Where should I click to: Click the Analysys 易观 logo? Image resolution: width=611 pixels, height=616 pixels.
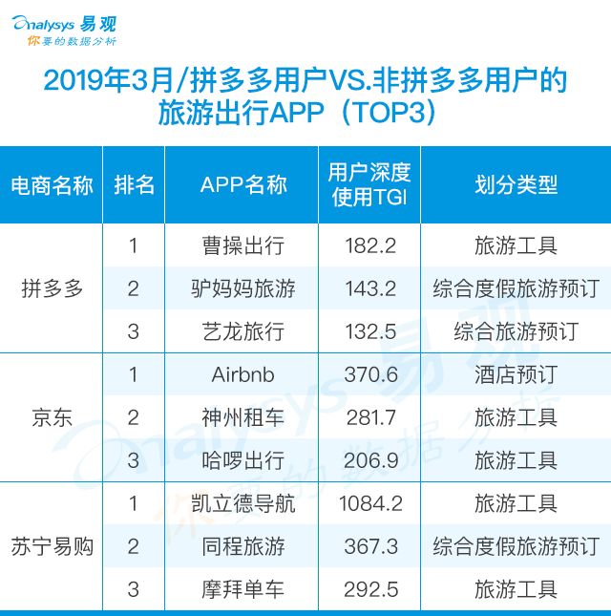pyautogui.click(x=64, y=31)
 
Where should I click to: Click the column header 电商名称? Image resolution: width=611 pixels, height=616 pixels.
pyautogui.click(x=52, y=185)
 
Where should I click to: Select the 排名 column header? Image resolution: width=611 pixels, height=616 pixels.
pyautogui.click(x=134, y=184)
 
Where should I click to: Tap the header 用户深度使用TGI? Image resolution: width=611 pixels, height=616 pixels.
pyautogui.click(x=369, y=184)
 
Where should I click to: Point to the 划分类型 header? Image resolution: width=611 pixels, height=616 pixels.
pyautogui.click(x=516, y=184)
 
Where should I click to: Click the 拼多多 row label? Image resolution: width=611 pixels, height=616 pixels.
pyautogui.click(x=52, y=288)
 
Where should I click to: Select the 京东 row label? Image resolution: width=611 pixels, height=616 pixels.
pyautogui.click(x=52, y=417)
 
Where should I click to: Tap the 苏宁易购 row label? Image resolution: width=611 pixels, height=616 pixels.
pyautogui.click(x=52, y=546)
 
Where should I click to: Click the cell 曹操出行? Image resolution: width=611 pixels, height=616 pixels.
pyautogui.click(x=243, y=246)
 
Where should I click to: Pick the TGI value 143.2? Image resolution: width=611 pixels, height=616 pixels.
pyautogui.click(x=370, y=288)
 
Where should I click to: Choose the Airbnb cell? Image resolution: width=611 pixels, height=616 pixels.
pyautogui.click(x=242, y=374)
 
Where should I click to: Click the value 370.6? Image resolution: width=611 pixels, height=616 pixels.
pyautogui.click(x=370, y=374)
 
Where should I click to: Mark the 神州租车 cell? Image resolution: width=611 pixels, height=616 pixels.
pyautogui.click(x=243, y=417)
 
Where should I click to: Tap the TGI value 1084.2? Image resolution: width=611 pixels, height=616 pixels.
pyautogui.click(x=370, y=503)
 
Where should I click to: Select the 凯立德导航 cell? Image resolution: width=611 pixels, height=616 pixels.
pyautogui.click(x=243, y=503)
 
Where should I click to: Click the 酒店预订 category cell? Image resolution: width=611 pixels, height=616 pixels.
pyautogui.click(x=516, y=374)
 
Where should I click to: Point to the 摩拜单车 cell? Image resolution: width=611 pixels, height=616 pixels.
pyautogui.click(x=243, y=589)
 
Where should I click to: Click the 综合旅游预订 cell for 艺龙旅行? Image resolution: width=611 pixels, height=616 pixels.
pyautogui.click(x=516, y=331)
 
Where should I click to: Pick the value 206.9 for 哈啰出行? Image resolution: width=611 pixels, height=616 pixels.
pyautogui.click(x=370, y=460)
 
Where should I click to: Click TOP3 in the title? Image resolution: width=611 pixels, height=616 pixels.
pyautogui.click(x=389, y=112)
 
